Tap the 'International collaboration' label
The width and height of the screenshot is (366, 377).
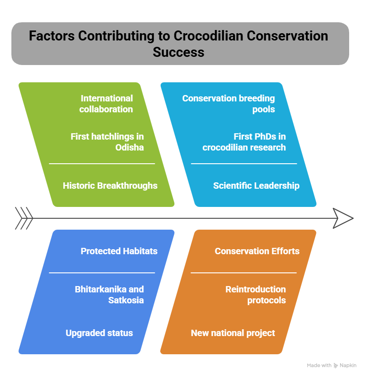(x=106, y=104)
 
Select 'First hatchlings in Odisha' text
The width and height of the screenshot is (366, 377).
(x=107, y=142)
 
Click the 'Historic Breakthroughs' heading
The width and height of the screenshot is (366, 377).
(x=110, y=186)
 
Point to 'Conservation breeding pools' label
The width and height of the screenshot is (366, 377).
(x=229, y=104)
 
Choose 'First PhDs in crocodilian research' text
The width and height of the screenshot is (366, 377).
(x=244, y=142)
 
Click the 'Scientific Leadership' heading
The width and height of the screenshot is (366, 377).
(x=256, y=186)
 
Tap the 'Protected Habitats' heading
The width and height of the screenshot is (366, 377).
(x=119, y=251)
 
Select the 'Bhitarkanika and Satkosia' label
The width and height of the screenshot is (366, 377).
(x=109, y=295)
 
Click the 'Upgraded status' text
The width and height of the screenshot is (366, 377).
(x=99, y=333)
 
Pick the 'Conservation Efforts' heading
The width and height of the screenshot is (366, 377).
(x=257, y=251)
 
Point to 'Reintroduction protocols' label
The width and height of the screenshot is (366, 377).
(x=255, y=295)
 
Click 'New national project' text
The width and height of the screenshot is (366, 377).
(x=233, y=333)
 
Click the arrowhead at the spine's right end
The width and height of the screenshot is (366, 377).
(x=343, y=218)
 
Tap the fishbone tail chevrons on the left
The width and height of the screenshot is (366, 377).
(x=24, y=218)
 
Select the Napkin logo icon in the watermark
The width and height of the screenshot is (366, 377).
(x=335, y=366)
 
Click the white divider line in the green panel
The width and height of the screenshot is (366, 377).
(x=102, y=164)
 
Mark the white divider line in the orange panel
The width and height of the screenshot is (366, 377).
(x=244, y=273)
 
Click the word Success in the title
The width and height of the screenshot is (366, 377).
(x=178, y=52)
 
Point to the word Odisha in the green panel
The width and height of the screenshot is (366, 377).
(x=129, y=147)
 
